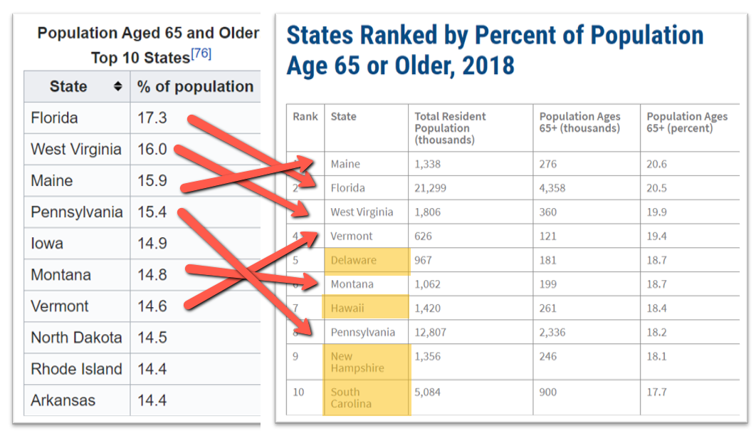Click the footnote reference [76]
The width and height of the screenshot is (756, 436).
coord(201,55)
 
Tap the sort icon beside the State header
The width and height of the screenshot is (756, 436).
coord(117,87)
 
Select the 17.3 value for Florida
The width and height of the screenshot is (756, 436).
coord(152,118)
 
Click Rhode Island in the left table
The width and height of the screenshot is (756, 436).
coord(76,369)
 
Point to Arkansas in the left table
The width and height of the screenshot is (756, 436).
coord(63,400)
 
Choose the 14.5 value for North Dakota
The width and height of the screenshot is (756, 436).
coord(152,338)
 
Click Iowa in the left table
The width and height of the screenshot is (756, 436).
coord(47,244)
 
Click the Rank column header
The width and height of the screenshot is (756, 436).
coord(305,117)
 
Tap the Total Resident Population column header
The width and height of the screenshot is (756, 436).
coord(451,128)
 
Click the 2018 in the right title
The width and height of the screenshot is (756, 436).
coord(488,66)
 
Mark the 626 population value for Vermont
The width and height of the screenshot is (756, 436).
coord(423,236)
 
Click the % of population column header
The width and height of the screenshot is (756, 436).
coord(195,87)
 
